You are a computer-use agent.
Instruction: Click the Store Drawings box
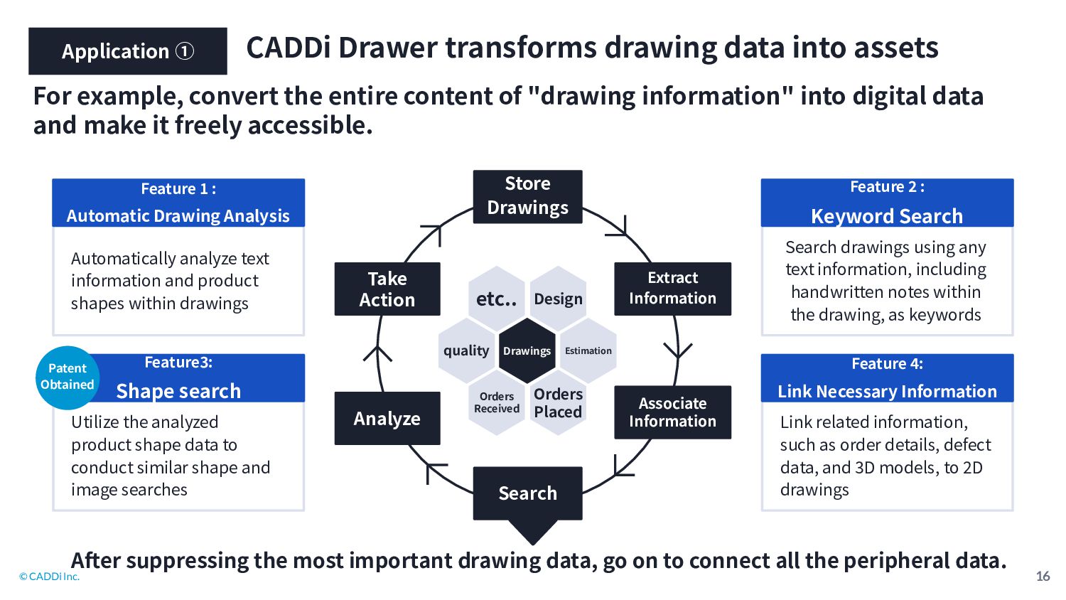pyautogui.click(x=527, y=197)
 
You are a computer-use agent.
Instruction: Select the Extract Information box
pyautogui.click(x=672, y=289)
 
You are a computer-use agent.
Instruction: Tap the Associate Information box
pyautogui.click(x=672, y=412)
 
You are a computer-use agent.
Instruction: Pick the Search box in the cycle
pyautogui.click(x=527, y=493)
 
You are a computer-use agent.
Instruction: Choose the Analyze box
pyautogui.click(x=387, y=418)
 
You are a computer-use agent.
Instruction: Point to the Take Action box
pyautogui.click(x=387, y=289)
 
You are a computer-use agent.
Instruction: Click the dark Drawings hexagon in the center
pyautogui.click(x=527, y=351)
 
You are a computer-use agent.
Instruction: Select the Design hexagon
pyautogui.click(x=558, y=299)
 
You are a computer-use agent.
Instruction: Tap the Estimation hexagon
pyautogui.click(x=588, y=351)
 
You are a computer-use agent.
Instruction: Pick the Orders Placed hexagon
pyautogui.click(x=558, y=403)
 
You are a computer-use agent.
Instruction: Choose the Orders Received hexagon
pyautogui.click(x=496, y=403)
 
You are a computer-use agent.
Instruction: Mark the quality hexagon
pyautogui.click(x=466, y=351)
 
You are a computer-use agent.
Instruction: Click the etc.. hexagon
pyautogui.click(x=496, y=299)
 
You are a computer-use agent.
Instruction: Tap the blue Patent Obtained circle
pyautogui.click(x=68, y=377)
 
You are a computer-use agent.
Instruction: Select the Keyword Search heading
pyautogui.click(x=887, y=216)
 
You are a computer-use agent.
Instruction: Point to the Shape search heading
pyautogui.click(x=178, y=391)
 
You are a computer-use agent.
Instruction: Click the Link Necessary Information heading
pyautogui.click(x=887, y=391)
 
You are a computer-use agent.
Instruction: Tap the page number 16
pyautogui.click(x=1043, y=577)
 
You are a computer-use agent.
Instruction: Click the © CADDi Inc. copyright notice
pyautogui.click(x=49, y=577)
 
